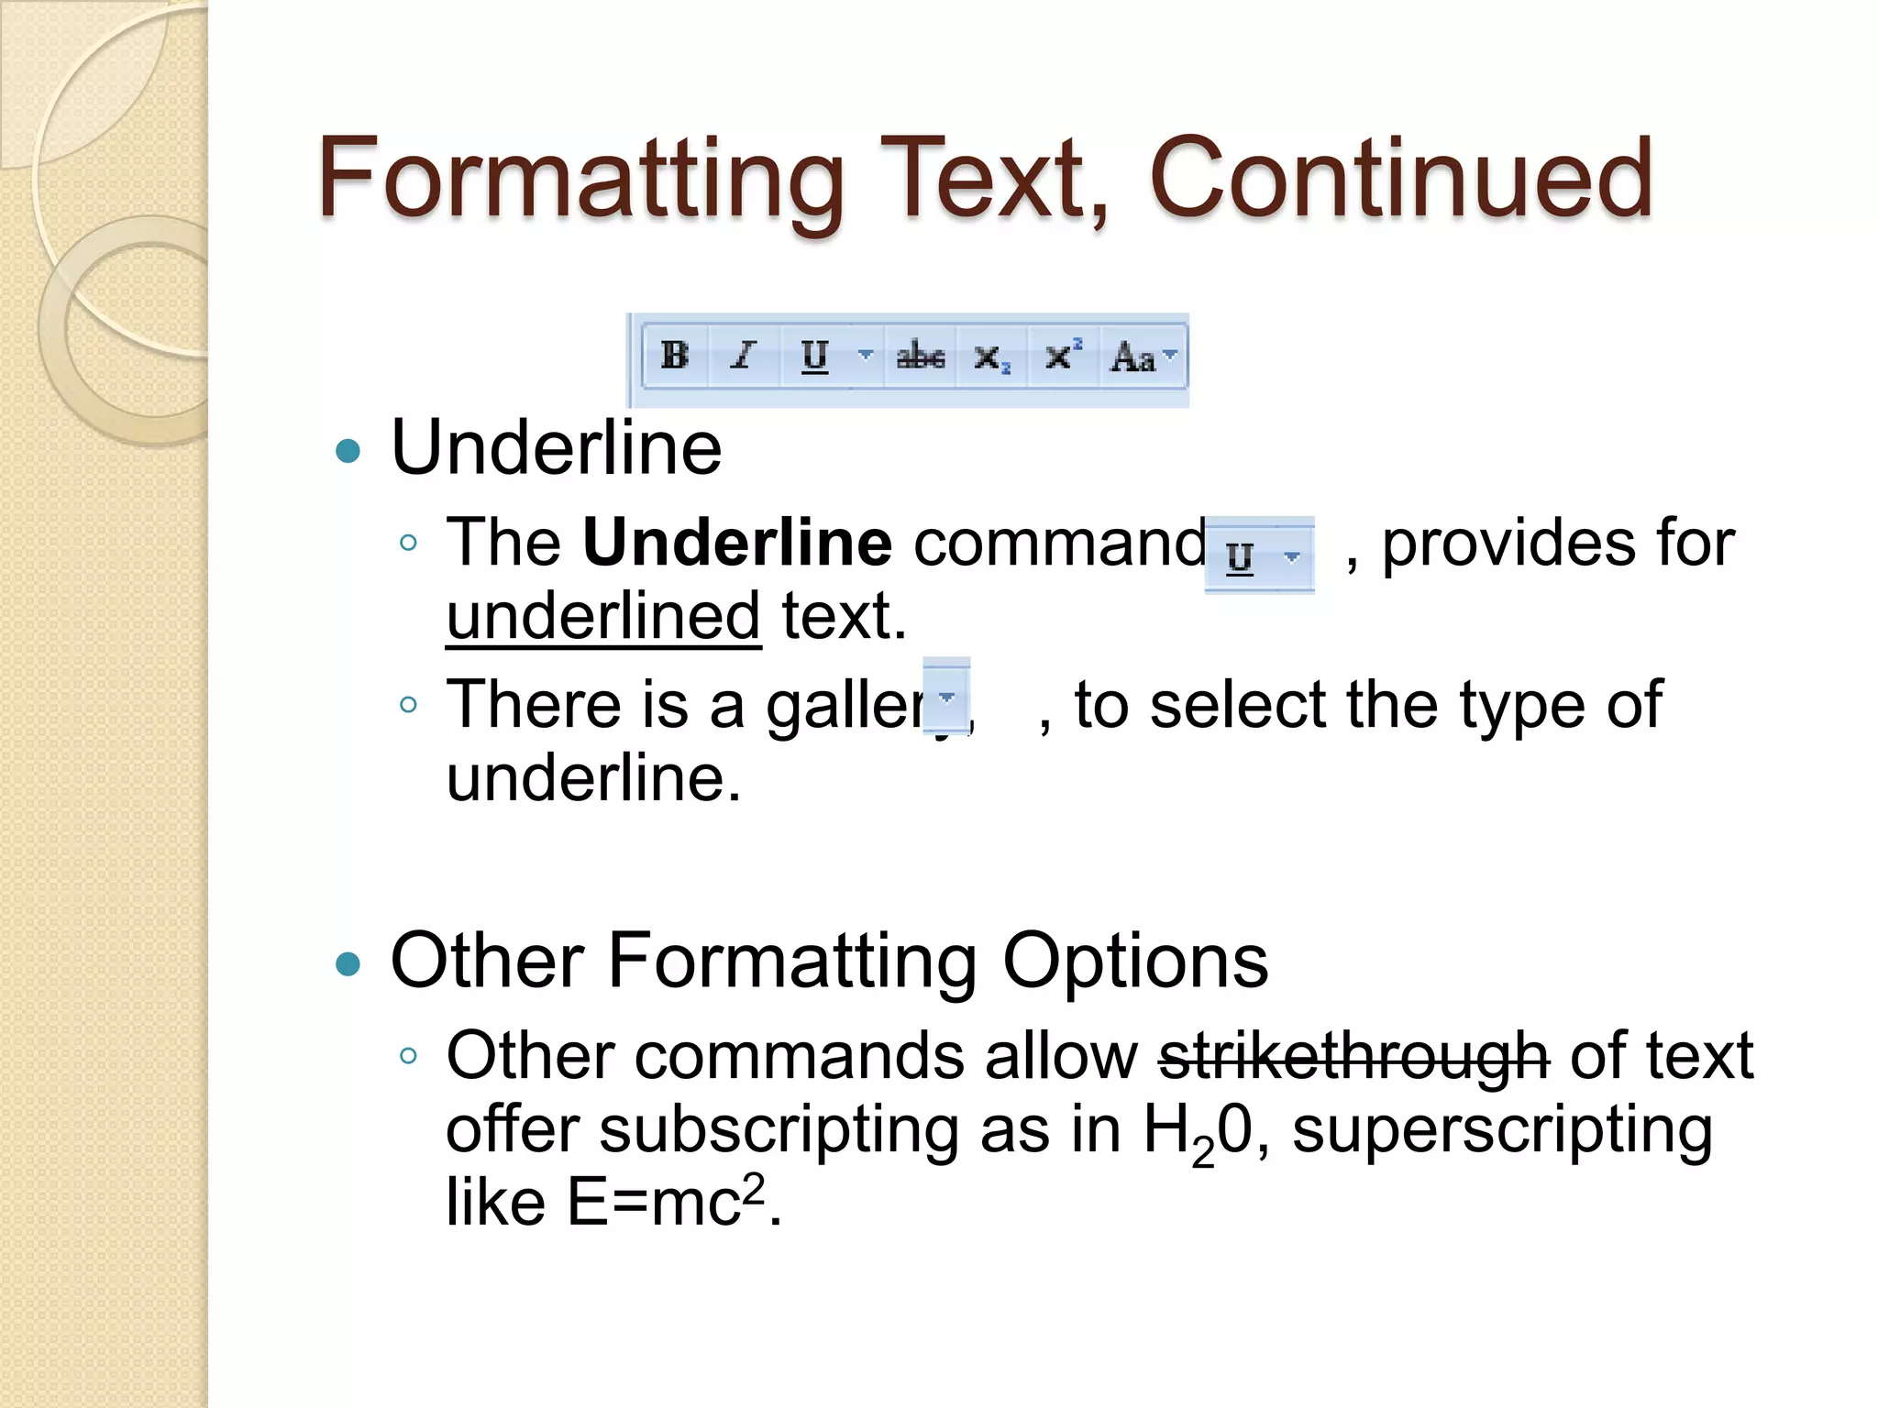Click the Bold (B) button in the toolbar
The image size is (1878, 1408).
click(x=675, y=356)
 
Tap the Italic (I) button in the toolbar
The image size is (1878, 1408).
click(x=744, y=356)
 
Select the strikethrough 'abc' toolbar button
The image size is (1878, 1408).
click(x=920, y=356)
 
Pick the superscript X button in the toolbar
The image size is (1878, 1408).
click(x=1062, y=356)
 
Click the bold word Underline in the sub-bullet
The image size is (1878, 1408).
click(x=736, y=543)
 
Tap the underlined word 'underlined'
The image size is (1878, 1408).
click(x=602, y=616)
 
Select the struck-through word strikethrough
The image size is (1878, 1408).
click(x=1353, y=1056)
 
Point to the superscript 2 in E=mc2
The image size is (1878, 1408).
click(x=753, y=1189)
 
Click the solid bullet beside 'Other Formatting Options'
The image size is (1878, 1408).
click(x=348, y=963)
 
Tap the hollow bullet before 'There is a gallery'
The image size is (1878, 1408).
click(x=409, y=705)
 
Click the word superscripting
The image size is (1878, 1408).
click(x=1501, y=1130)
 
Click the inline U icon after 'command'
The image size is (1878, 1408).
click(x=1241, y=555)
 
